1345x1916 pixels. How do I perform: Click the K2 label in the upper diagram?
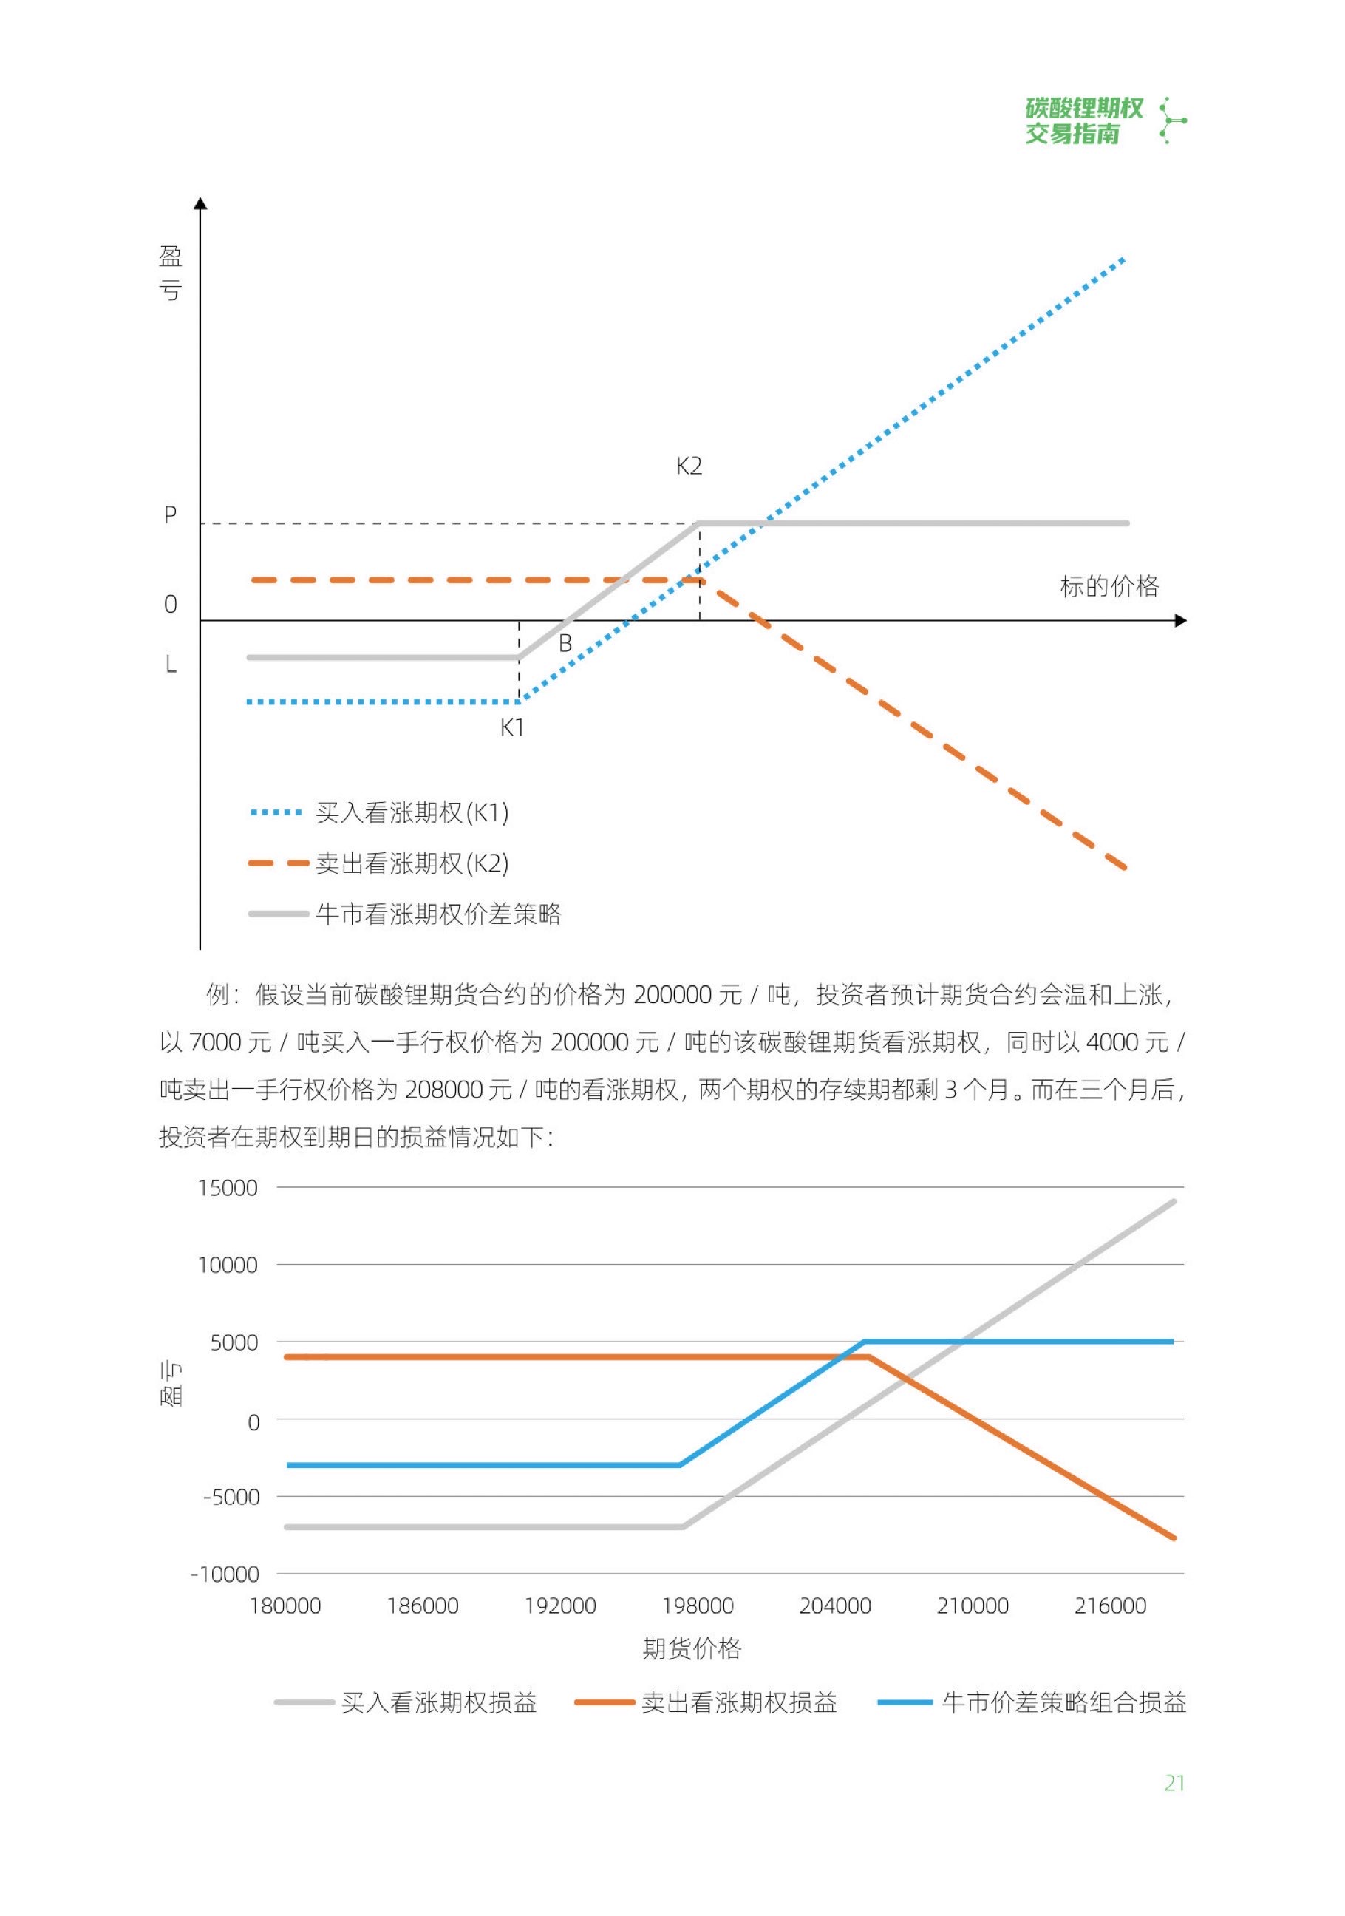click(688, 466)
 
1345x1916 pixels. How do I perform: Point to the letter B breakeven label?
click(565, 643)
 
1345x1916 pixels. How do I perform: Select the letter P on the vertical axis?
click(170, 516)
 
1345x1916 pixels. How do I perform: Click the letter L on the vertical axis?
click(170, 665)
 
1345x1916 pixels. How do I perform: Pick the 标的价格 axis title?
click(1109, 587)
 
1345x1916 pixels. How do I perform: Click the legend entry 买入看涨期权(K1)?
click(412, 813)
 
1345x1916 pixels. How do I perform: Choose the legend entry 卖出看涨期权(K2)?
click(412, 863)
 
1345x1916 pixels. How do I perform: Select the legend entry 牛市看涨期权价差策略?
click(438, 914)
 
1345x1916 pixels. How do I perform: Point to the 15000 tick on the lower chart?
click(227, 1189)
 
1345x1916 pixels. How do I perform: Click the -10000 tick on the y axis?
click(225, 1574)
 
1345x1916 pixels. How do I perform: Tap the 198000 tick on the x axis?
click(698, 1606)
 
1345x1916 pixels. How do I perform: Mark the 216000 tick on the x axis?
click(1110, 1606)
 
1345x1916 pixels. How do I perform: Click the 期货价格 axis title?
click(692, 1648)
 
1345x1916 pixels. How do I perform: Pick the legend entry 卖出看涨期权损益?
click(738, 1702)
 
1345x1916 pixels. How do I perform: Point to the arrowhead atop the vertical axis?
click(200, 203)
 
